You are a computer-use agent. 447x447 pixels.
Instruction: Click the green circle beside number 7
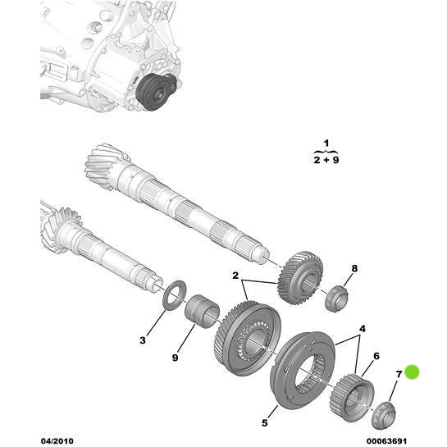[x=412, y=373]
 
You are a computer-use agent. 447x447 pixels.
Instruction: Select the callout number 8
[x=354, y=268]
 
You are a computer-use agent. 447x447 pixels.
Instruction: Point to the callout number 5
[x=265, y=423]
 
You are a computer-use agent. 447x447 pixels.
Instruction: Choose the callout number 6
[x=376, y=356]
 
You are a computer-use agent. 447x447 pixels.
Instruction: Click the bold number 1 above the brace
[x=326, y=144]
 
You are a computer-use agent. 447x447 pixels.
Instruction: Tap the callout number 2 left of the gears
[x=235, y=276]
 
